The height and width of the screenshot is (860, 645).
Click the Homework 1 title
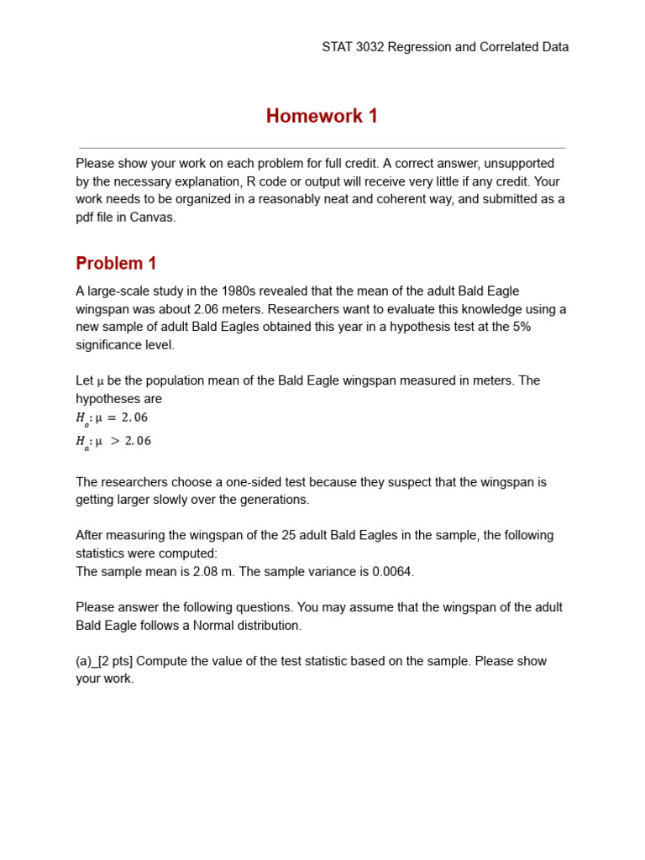[x=322, y=116]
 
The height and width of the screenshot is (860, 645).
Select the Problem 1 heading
[x=116, y=263]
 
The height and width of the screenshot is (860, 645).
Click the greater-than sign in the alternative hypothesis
[x=115, y=441]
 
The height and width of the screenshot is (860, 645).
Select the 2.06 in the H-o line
[x=135, y=417]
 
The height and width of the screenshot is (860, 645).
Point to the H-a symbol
[x=81, y=442]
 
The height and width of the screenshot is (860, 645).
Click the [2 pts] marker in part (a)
[x=115, y=661]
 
